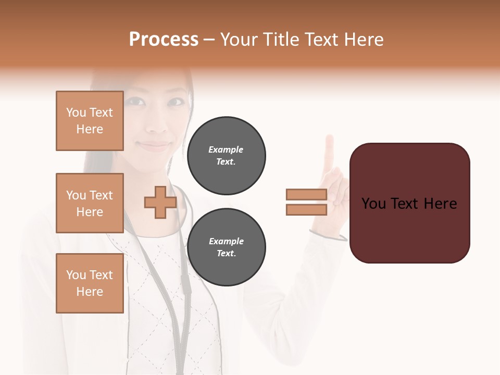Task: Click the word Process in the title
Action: [x=164, y=40]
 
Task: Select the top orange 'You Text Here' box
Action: [x=90, y=121]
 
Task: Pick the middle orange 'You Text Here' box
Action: [x=90, y=203]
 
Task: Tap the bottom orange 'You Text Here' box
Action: [x=90, y=283]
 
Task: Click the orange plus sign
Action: [x=160, y=203]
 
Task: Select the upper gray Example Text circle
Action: [x=226, y=156]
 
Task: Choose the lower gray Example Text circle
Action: [x=226, y=247]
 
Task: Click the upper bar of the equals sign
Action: [x=306, y=195]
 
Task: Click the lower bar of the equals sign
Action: [x=306, y=210]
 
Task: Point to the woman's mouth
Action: [x=154, y=145]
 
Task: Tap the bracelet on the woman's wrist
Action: [x=333, y=238]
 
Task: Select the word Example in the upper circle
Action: [x=226, y=150]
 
